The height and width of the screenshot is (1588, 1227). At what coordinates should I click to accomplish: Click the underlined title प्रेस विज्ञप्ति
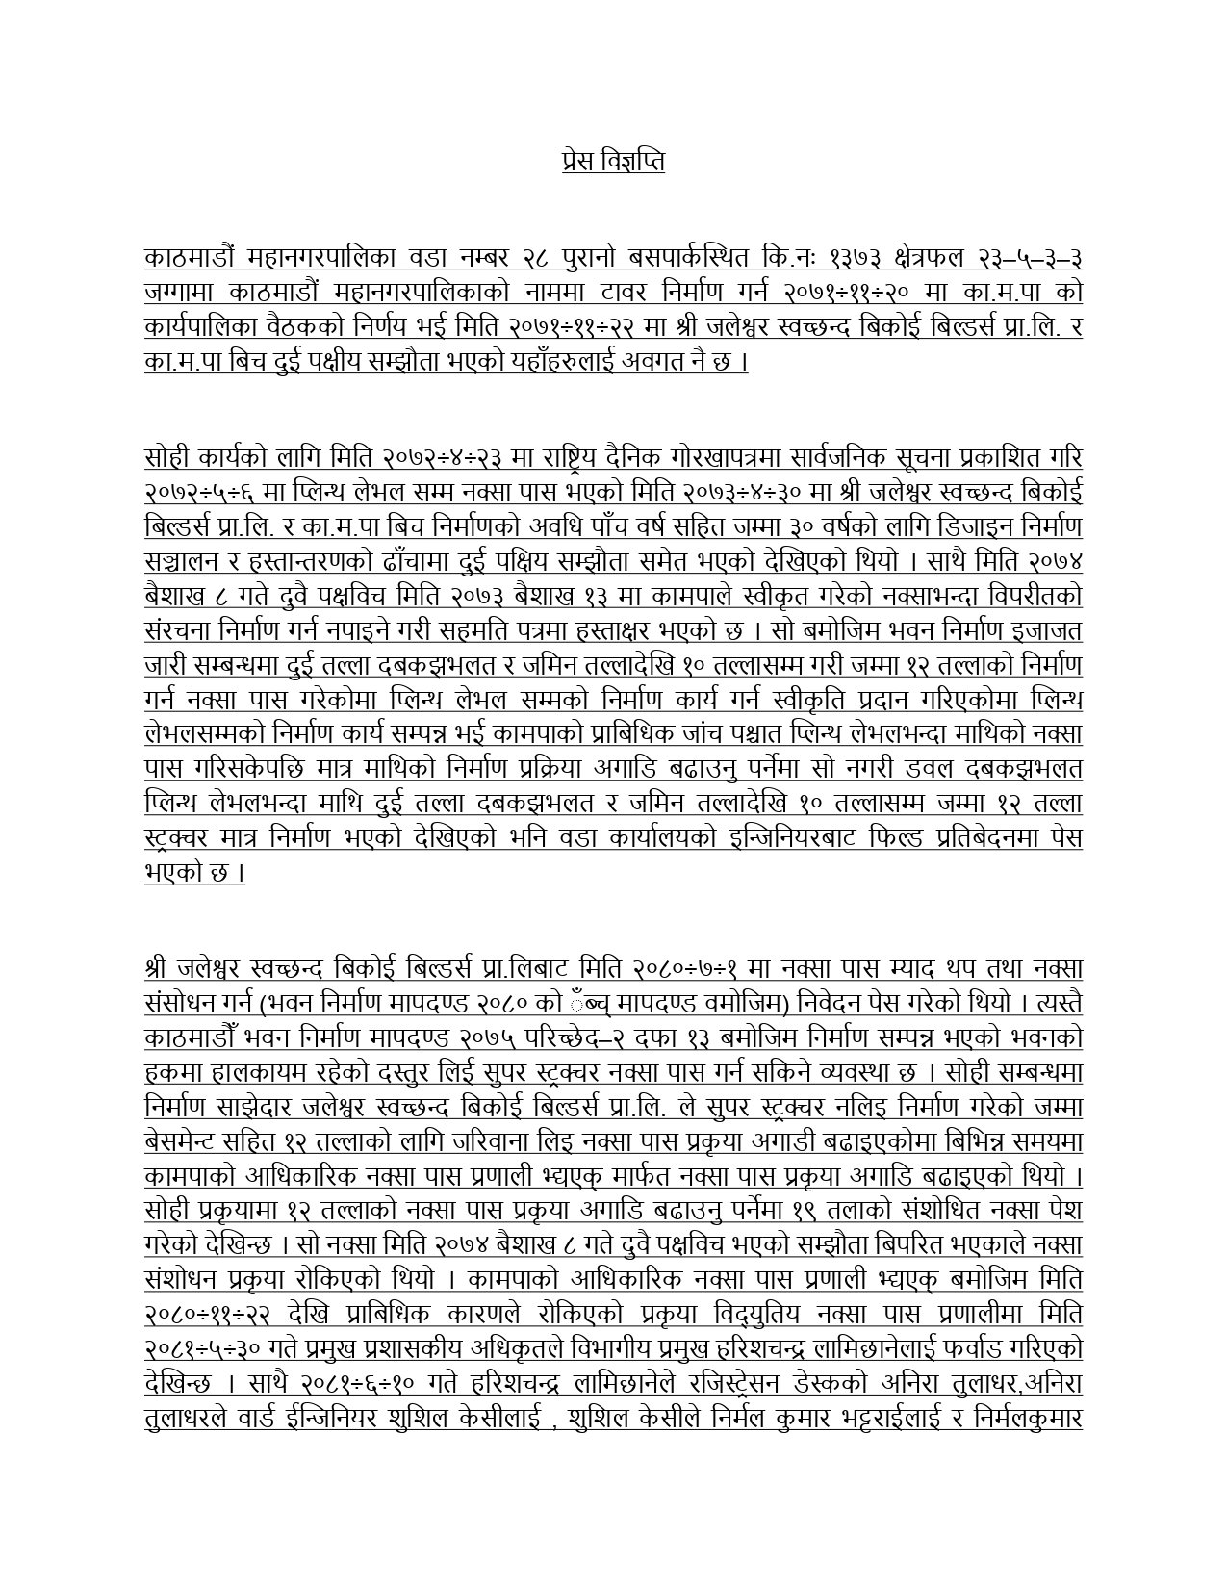click(x=613, y=160)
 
